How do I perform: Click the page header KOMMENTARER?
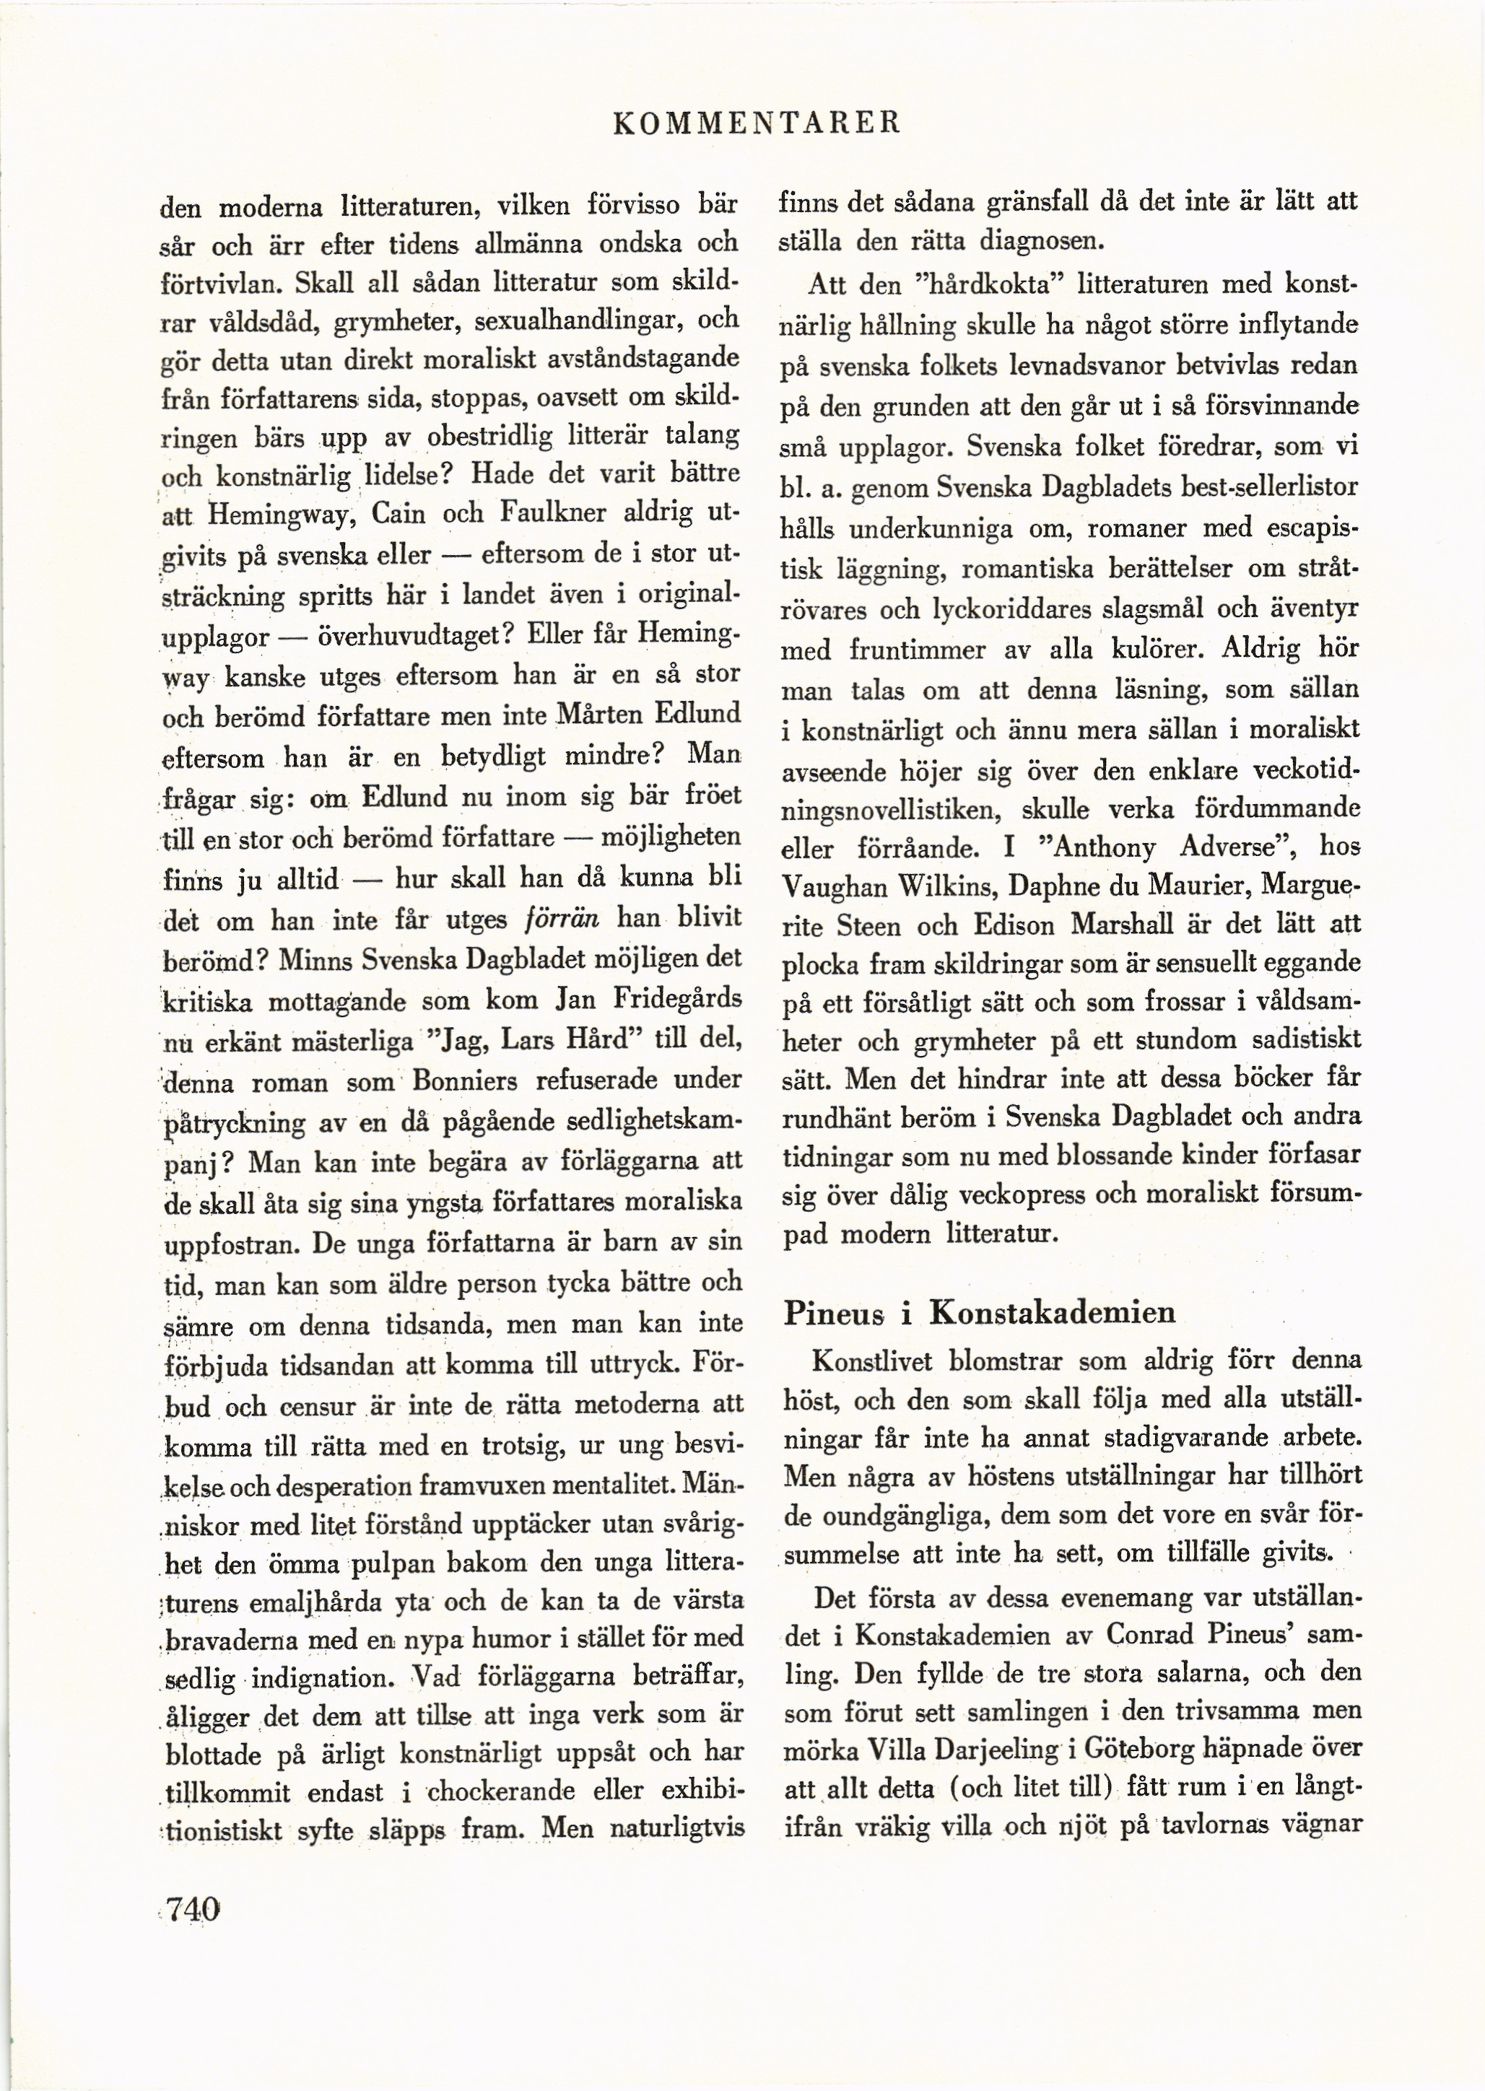pos(758,121)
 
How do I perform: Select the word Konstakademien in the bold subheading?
pos(1052,1313)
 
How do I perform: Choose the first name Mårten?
pos(599,713)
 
